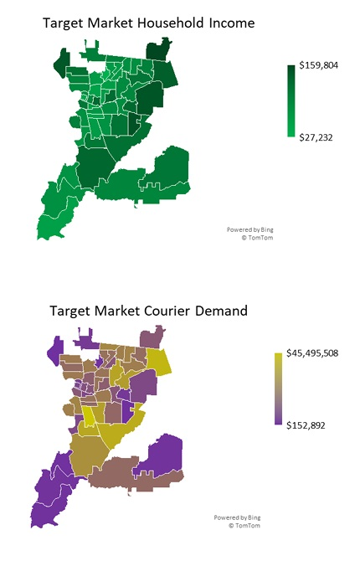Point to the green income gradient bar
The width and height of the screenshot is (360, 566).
(x=291, y=100)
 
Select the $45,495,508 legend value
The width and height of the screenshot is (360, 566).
(x=321, y=353)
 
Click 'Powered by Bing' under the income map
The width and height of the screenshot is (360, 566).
(x=249, y=229)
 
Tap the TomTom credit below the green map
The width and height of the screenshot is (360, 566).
(x=256, y=237)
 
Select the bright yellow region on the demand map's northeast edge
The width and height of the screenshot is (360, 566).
(x=160, y=363)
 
